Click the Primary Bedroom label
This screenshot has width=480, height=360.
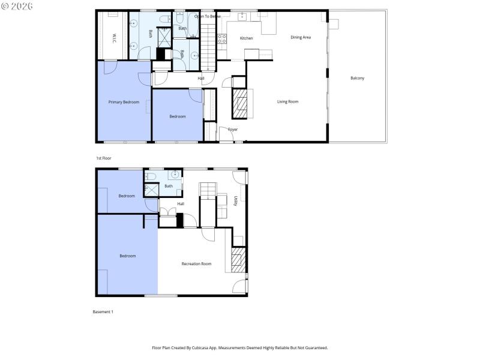click(124, 102)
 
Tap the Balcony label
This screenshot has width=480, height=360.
click(358, 78)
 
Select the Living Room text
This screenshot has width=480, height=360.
click(287, 101)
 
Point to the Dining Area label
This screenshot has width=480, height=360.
click(301, 37)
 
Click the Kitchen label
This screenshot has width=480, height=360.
click(247, 38)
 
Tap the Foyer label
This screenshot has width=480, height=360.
click(233, 130)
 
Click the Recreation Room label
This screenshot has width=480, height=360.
click(197, 263)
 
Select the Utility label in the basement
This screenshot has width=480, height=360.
click(236, 201)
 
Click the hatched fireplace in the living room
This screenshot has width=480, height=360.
click(239, 104)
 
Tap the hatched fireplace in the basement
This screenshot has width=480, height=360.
click(238, 260)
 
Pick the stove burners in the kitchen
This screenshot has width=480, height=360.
click(222, 39)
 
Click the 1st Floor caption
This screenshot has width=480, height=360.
click(104, 158)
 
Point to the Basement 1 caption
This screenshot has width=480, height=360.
click(103, 312)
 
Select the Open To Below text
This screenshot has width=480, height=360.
click(208, 16)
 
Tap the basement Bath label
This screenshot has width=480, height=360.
click(169, 186)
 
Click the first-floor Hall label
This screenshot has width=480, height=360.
click(201, 78)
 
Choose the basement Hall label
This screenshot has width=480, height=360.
click(181, 203)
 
